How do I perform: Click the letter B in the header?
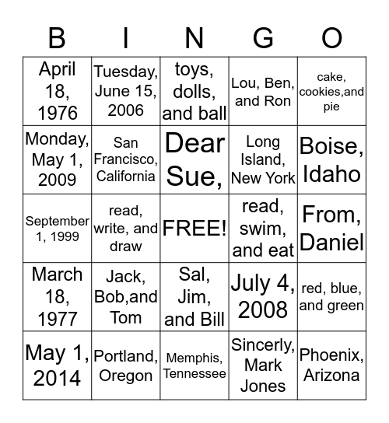(58, 37)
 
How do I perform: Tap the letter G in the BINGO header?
(264, 37)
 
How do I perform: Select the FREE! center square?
(194, 229)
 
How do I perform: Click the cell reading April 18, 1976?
(58, 91)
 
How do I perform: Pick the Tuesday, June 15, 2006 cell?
(126, 91)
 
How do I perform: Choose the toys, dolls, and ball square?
(194, 91)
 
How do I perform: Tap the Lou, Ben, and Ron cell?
(262, 91)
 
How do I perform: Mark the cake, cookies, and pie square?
(331, 91)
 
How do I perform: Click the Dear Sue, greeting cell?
(194, 159)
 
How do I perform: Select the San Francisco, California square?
(126, 159)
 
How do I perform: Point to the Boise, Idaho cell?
(331, 159)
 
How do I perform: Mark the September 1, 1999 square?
(58, 229)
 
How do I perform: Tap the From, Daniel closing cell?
(331, 229)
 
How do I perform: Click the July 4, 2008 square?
(262, 297)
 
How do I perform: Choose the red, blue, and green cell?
(331, 297)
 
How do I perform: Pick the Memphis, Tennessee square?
(194, 365)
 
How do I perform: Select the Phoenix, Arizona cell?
(331, 365)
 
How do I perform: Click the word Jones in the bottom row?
(263, 386)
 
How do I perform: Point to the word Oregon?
(126, 376)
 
